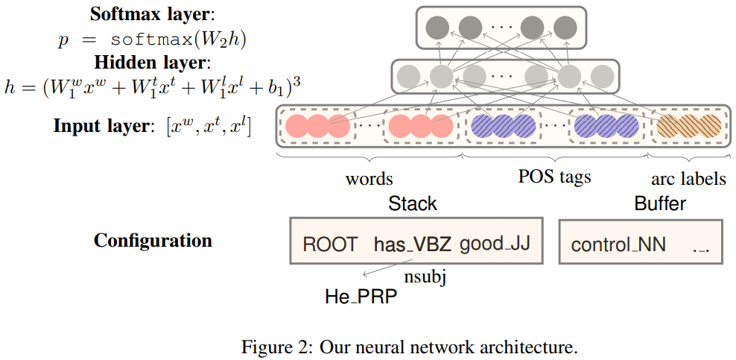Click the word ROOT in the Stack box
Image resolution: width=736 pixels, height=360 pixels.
click(x=330, y=244)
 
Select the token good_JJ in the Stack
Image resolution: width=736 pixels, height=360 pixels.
click(x=495, y=244)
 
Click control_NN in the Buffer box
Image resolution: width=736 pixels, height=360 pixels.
click(x=618, y=245)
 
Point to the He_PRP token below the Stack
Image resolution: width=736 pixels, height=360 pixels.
click(x=361, y=297)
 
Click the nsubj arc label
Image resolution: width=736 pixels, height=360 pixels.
click(x=425, y=278)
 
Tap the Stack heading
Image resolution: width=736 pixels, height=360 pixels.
click(x=413, y=203)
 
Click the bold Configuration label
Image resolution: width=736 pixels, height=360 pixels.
click(x=153, y=241)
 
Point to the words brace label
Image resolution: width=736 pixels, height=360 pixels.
click(x=369, y=179)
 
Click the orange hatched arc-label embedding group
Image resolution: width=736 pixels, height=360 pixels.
click(x=688, y=126)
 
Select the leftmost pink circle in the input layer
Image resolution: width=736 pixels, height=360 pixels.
click(x=297, y=126)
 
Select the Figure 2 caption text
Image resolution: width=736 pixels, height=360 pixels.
click(x=409, y=347)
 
